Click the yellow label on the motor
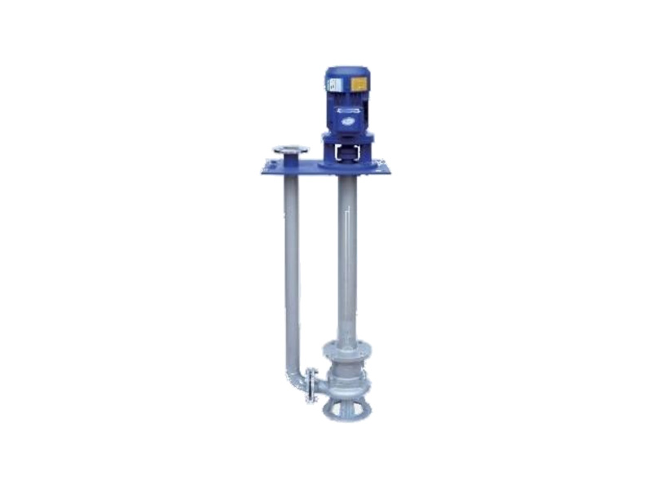(358, 84)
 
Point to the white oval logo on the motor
(346, 119)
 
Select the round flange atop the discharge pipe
(291, 150)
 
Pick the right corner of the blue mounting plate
(389, 170)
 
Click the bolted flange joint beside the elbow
(311, 385)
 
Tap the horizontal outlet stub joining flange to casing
(320, 384)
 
